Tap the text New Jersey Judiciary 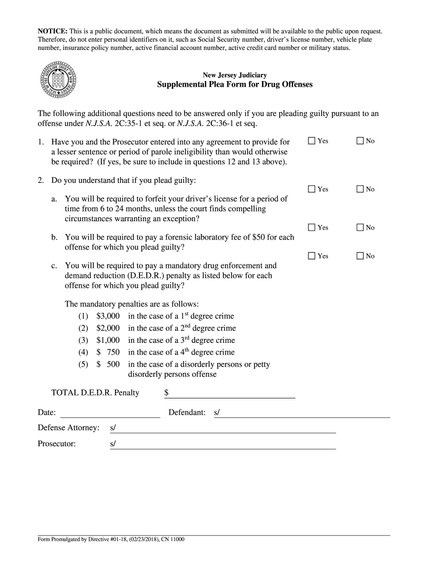pos(235,74)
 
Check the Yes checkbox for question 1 pos(312,141)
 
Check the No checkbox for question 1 pos(360,141)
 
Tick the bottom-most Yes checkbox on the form pos(312,256)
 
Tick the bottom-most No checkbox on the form pos(360,256)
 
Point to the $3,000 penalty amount pos(108,316)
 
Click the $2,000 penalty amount pos(108,328)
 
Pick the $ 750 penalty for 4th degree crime pos(108,352)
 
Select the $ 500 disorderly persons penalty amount pos(108,365)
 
